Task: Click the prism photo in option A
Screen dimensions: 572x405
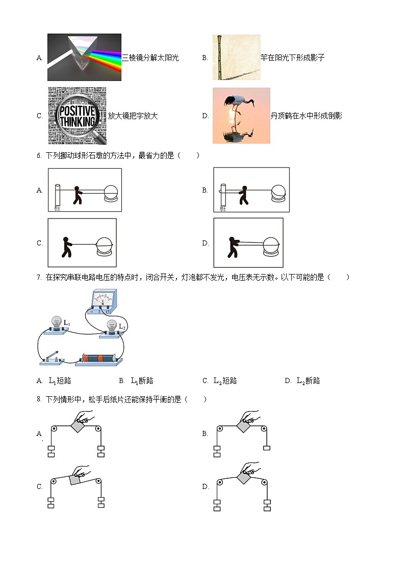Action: (84, 57)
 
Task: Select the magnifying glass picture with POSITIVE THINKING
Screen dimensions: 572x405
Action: (77, 116)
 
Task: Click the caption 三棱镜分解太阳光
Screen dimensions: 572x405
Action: (150, 58)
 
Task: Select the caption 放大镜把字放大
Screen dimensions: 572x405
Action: (133, 116)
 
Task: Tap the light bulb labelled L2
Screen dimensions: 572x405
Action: (113, 326)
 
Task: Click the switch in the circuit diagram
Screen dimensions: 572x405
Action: (52, 359)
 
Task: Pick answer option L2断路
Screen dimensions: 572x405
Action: (308, 380)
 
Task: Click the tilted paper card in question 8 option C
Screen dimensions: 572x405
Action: (77, 479)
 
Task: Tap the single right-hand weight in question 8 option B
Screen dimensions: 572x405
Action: (267, 448)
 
